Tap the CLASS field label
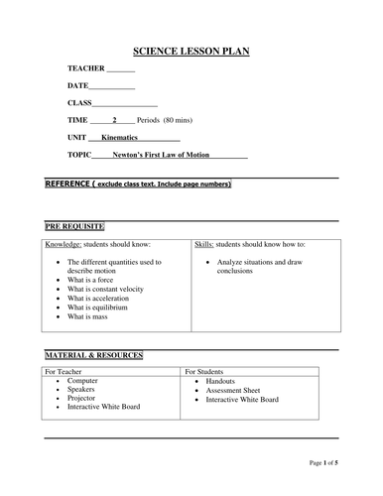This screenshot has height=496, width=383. coord(79,102)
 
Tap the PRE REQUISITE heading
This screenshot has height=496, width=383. coord(75,227)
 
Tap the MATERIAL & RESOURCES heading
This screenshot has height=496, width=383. coord(94,354)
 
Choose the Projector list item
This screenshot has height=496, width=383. coord(84,398)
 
